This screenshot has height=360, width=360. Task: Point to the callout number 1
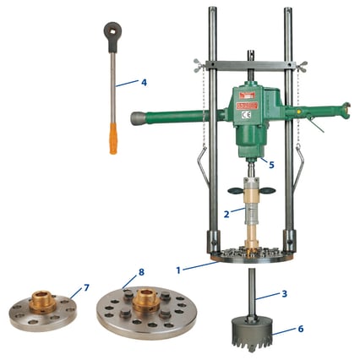pyautogui.click(x=178, y=270)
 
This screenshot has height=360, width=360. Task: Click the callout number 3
pyautogui.click(x=285, y=293)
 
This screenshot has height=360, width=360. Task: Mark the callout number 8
pyautogui.click(x=140, y=272)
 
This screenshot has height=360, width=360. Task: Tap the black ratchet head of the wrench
pyautogui.click(x=108, y=30)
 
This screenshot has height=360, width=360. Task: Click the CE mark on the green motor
pyautogui.click(x=248, y=113)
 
